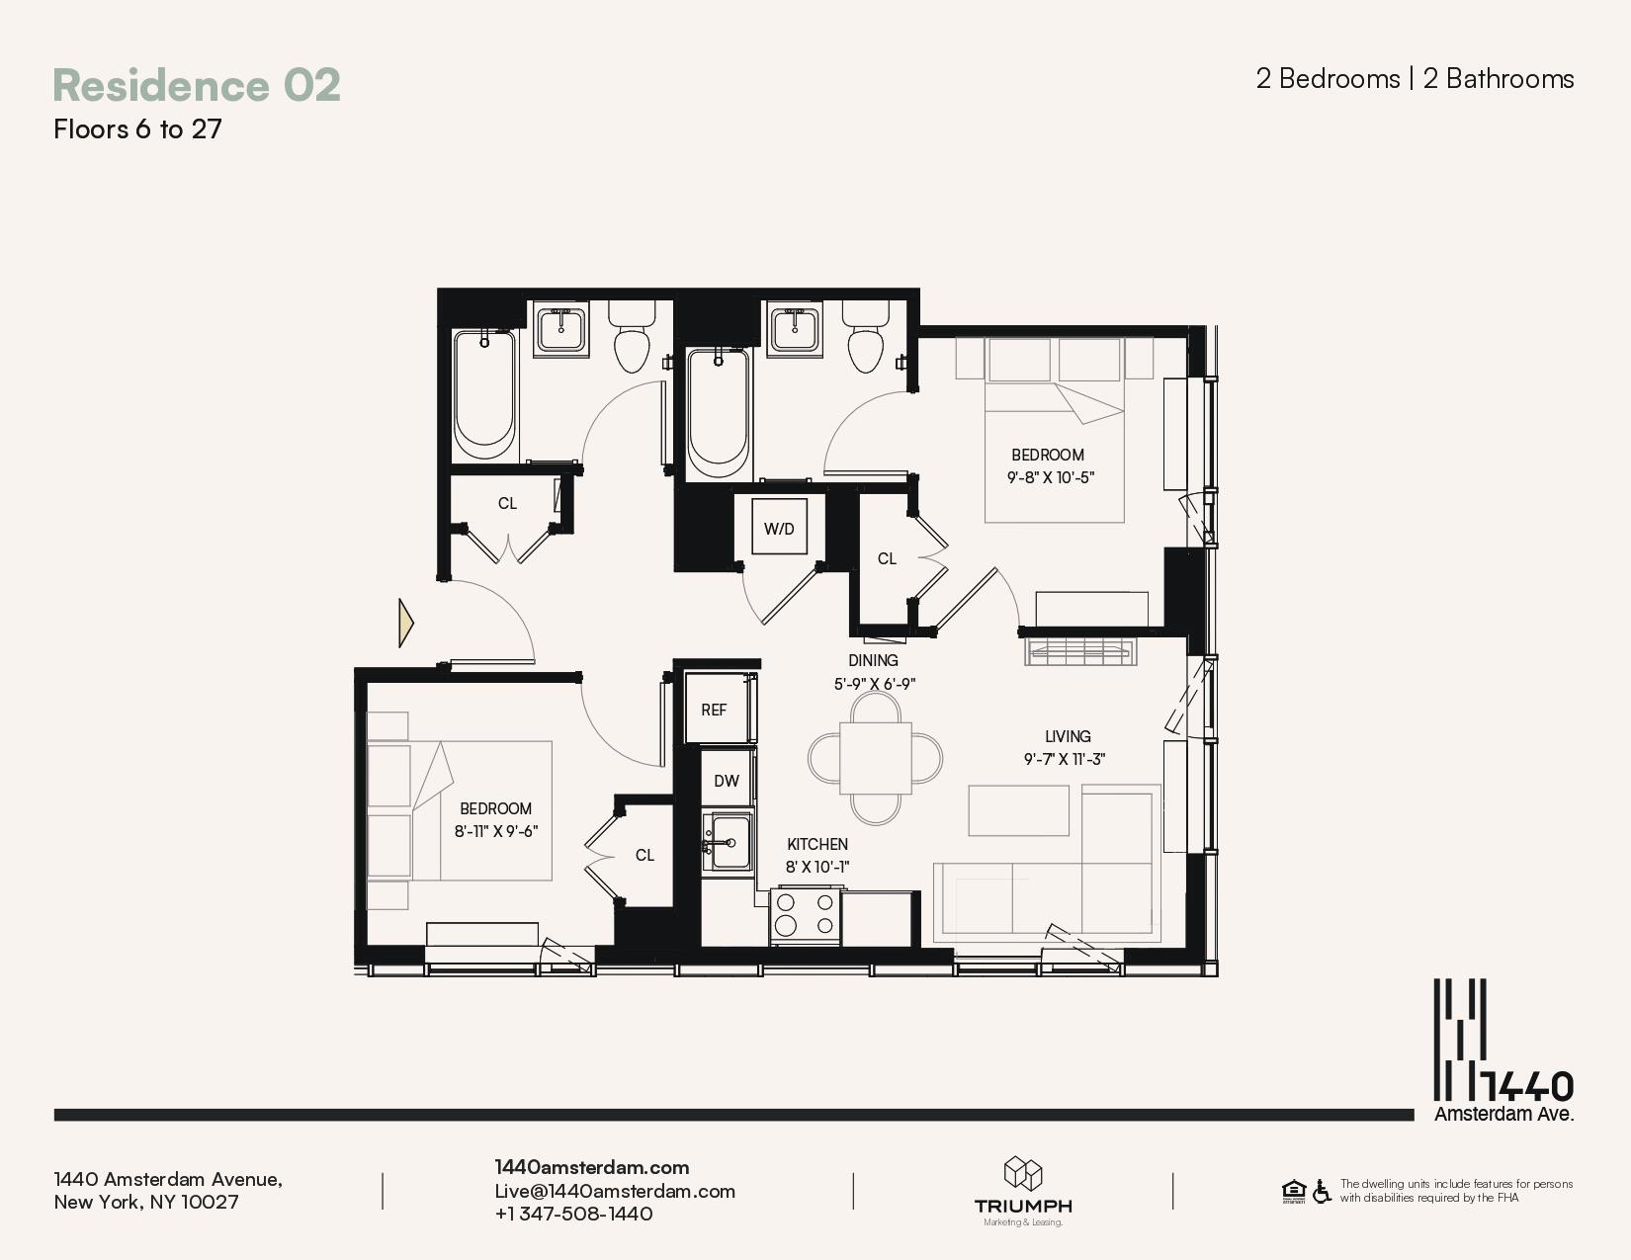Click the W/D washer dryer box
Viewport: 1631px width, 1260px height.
(779, 527)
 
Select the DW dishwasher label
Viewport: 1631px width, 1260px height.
(726, 781)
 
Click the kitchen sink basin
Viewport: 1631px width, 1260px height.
(728, 841)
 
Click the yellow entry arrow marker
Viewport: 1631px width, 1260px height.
(406, 623)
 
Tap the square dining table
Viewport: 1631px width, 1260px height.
(875, 758)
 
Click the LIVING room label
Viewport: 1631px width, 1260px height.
(1068, 736)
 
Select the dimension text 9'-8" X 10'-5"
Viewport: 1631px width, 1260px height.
(1050, 477)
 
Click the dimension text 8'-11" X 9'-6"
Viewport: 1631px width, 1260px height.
(495, 831)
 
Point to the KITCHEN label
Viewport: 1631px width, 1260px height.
(817, 844)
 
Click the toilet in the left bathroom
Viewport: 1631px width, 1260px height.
(632, 336)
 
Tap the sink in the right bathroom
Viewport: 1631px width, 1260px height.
(795, 327)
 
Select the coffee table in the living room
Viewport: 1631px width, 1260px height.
(1018, 810)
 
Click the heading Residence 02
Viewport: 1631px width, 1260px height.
(197, 85)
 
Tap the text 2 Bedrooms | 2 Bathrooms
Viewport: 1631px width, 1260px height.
(1415, 79)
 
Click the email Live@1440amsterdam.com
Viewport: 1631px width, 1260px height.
(615, 1191)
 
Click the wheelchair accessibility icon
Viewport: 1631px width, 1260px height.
(1322, 1191)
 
